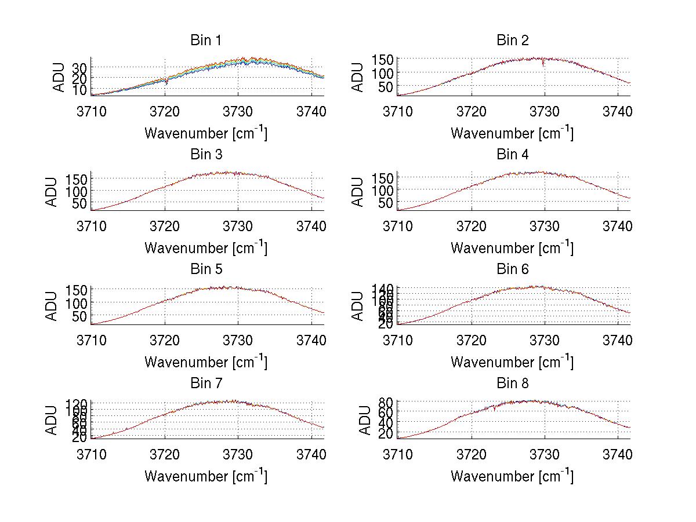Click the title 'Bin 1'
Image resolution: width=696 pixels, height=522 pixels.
(206, 41)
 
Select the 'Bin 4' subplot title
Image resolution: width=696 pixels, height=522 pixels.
(513, 155)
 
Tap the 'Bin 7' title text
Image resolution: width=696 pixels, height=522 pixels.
(206, 383)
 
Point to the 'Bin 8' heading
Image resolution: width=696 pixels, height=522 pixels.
(513, 383)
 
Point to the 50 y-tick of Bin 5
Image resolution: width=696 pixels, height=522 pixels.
(81, 316)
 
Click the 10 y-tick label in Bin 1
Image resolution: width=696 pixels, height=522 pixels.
(81, 90)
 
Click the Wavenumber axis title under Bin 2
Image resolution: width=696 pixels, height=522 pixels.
(513, 133)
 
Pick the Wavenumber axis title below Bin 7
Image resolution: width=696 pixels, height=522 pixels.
(206, 476)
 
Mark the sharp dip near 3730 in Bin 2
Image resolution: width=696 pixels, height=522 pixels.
(543, 65)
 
